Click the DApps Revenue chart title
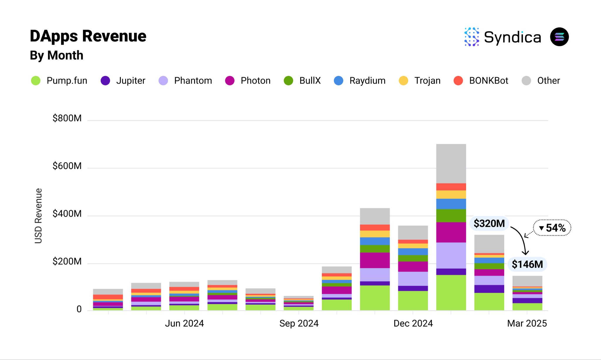pyautogui.click(x=88, y=36)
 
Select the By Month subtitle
pyautogui.click(x=57, y=55)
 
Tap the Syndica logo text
pyautogui.click(x=512, y=37)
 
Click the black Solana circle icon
pyautogui.click(x=559, y=37)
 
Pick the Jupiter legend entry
pyautogui.click(x=123, y=80)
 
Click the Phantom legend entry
pyautogui.click(x=185, y=80)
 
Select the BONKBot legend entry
pyautogui.click(x=481, y=80)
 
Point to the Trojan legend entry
pyautogui.click(x=420, y=80)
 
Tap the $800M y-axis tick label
pyautogui.click(x=67, y=118)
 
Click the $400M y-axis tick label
pyautogui.click(x=67, y=214)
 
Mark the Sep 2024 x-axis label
pyautogui.click(x=299, y=323)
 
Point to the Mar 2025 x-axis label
pyautogui.click(x=527, y=323)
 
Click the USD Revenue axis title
pyautogui.click(x=38, y=216)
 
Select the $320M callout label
pyautogui.click(x=489, y=224)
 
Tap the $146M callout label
pyautogui.click(x=527, y=264)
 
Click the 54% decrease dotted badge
pyautogui.click(x=552, y=228)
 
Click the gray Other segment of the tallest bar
pyautogui.click(x=451, y=163)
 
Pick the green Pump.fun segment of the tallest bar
pyautogui.click(x=451, y=292)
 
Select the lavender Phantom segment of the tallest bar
pyautogui.click(x=451, y=255)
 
